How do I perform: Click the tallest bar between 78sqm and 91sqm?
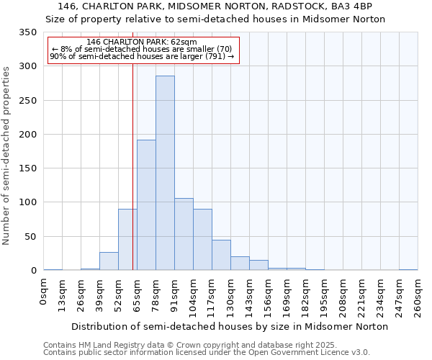pos(165,173)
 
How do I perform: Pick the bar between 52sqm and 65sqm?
pos(127,240)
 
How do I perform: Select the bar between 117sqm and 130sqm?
pos(221,255)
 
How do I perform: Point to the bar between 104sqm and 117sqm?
pos(202,240)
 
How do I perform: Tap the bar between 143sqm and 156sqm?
pos(258,265)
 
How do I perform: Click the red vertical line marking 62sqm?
pos(132,166)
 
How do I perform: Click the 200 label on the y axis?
pos(27,135)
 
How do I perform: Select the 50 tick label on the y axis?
pos(30,237)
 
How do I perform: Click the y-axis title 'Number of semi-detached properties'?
pos(6,155)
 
